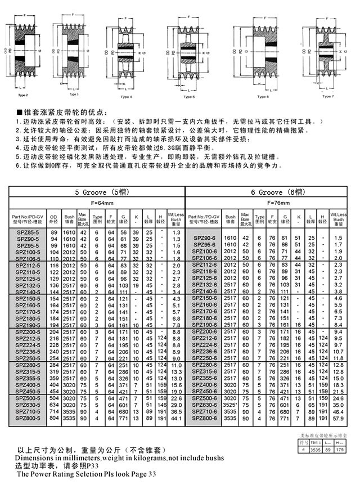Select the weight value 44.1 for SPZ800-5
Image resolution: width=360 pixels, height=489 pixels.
176,419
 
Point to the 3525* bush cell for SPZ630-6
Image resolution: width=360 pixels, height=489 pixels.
230,405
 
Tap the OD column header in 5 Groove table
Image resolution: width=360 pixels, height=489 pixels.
54,217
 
